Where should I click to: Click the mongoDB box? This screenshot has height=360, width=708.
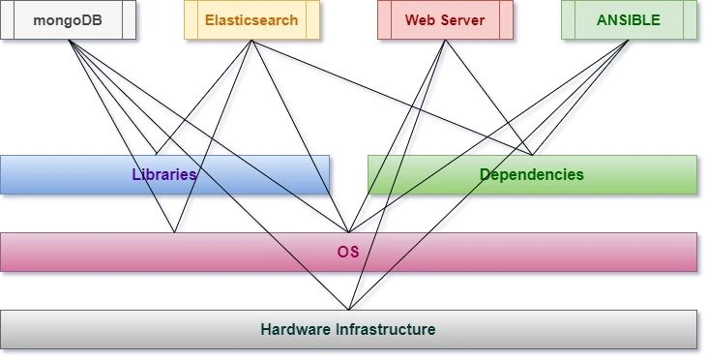pyautogui.click(x=68, y=20)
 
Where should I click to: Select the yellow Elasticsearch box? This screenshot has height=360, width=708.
pyautogui.click(x=251, y=20)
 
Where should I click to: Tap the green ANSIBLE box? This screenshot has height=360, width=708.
pyautogui.click(x=629, y=20)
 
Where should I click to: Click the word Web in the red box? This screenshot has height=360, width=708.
pyautogui.click(x=421, y=20)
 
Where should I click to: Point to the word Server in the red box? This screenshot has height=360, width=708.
pyautogui.click(x=462, y=20)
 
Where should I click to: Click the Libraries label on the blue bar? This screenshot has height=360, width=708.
pyautogui.click(x=164, y=175)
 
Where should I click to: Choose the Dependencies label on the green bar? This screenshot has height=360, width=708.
pyautogui.click(x=532, y=175)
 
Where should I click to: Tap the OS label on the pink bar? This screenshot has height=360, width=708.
pyautogui.click(x=348, y=253)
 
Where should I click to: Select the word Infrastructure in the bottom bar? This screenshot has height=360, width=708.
pyautogui.click(x=387, y=330)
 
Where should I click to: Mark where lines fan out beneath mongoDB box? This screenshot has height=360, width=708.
pyautogui.click(x=69, y=41)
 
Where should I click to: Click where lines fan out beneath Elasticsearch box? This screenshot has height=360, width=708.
pyautogui.click(x=251, y=41)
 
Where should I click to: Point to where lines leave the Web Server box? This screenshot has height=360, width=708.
pyautogui.click(x=445, y=41)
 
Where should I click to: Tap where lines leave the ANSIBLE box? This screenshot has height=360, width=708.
pyautogui.click(x=629, y=41)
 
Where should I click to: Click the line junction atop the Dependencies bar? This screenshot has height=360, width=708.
pyautogui.click(x=532, y=155)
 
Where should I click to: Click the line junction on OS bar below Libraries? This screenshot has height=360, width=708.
pyautogui.click(x=174, y=232)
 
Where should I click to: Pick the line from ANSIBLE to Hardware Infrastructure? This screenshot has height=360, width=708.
pyautogui.click(x=488, y=175)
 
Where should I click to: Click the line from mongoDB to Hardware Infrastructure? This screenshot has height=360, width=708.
pyautogui.click(x=208, y=175)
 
